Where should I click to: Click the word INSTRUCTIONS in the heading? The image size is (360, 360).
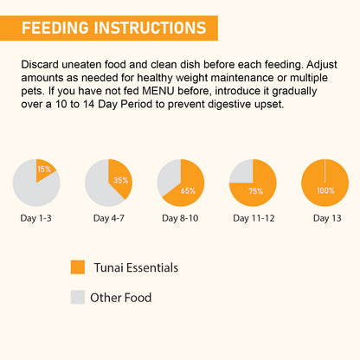pos(151,28)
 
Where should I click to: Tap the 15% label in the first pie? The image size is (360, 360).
pos(44,169)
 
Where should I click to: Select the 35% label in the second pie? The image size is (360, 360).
pos(120,180)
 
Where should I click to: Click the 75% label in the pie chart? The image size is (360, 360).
pos(256,190)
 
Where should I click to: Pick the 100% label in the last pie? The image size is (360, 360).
pos(325,190)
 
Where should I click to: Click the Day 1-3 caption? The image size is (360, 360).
pos(36,218)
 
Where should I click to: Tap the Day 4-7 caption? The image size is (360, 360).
pos(108,218)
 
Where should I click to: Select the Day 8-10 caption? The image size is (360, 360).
pos(181,218)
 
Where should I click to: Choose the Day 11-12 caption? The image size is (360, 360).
pos(253,218)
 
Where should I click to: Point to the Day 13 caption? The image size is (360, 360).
pos(325,218)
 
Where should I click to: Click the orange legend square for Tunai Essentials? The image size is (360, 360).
pos(78,267)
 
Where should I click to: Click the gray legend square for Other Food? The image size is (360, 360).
pos(78,298)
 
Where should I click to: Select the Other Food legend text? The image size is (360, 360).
pos(125,298)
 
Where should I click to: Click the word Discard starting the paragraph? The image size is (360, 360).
pos(40,65)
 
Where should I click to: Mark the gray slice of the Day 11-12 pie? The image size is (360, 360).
pos(241,170)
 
